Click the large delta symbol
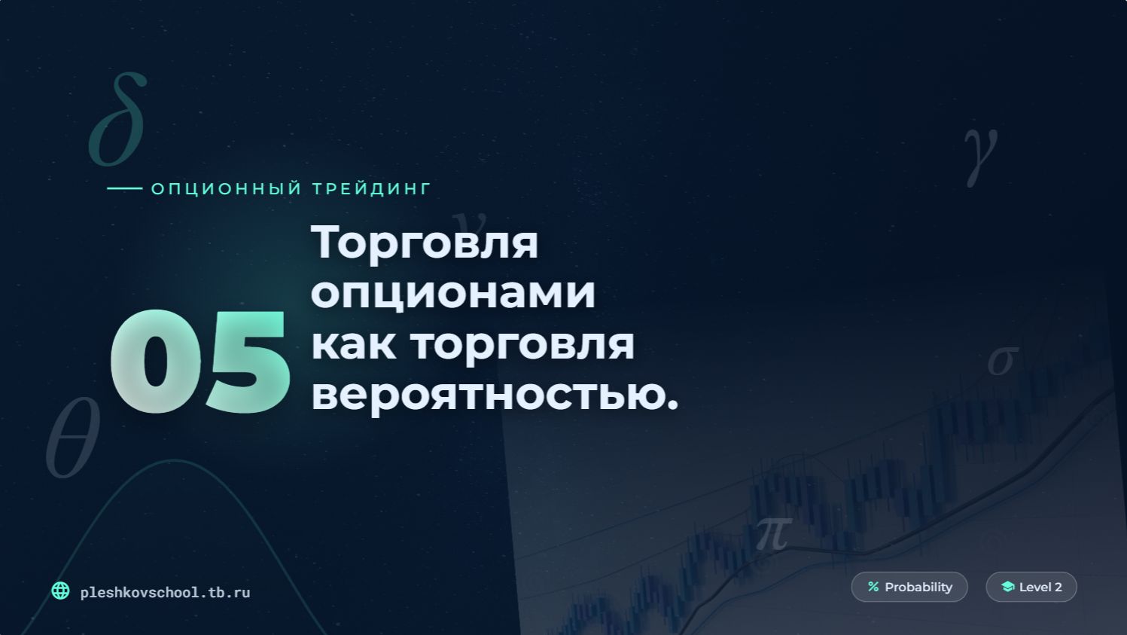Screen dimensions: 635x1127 (x=117, y=121)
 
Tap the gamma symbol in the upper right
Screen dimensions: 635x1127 (x=981, y=154)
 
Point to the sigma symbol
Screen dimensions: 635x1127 (x=1003, y=361)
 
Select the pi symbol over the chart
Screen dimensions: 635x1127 (x=772, y=533)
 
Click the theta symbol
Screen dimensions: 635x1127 (x=72, y=438)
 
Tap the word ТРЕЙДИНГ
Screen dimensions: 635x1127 (x=372, y=188)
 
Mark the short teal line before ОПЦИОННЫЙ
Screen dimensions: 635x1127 (x=124, y=188)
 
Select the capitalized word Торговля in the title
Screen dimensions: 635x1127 (x=425, y=243)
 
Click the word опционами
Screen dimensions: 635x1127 (x=453, y=292)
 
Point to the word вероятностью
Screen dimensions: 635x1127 (x=494, y=394)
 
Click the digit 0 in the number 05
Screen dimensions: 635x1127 (x=156, y=363)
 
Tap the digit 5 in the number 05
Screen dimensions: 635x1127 (x=247, y=363)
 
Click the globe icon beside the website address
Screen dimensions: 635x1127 (x=60, y=591)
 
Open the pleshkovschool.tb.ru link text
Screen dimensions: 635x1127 (x=165, y=593)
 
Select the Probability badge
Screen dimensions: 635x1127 (x=909, y=587)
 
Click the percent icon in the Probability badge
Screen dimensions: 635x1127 (x=873, y=587)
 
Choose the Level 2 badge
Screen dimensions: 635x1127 (x=1031, y=587)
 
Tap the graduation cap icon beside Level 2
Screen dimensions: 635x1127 (x=1007, y=587)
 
